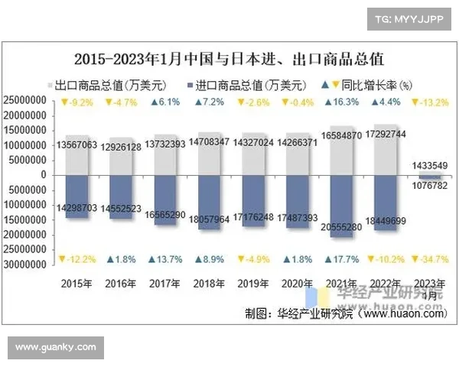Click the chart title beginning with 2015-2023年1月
pos(229,58)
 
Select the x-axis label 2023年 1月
pos(431,288)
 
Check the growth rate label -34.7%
pos(431,260)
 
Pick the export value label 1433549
pos(431,165)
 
